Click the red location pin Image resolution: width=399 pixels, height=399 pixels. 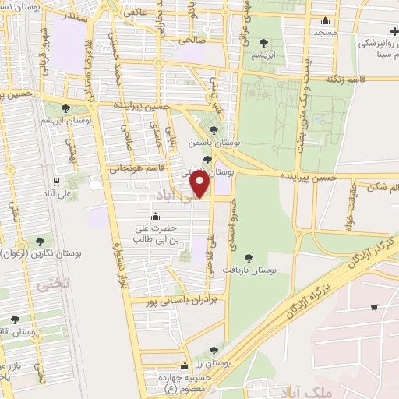200,185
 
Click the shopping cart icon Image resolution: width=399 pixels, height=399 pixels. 374,307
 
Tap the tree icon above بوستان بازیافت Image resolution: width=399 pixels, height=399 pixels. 248,258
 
